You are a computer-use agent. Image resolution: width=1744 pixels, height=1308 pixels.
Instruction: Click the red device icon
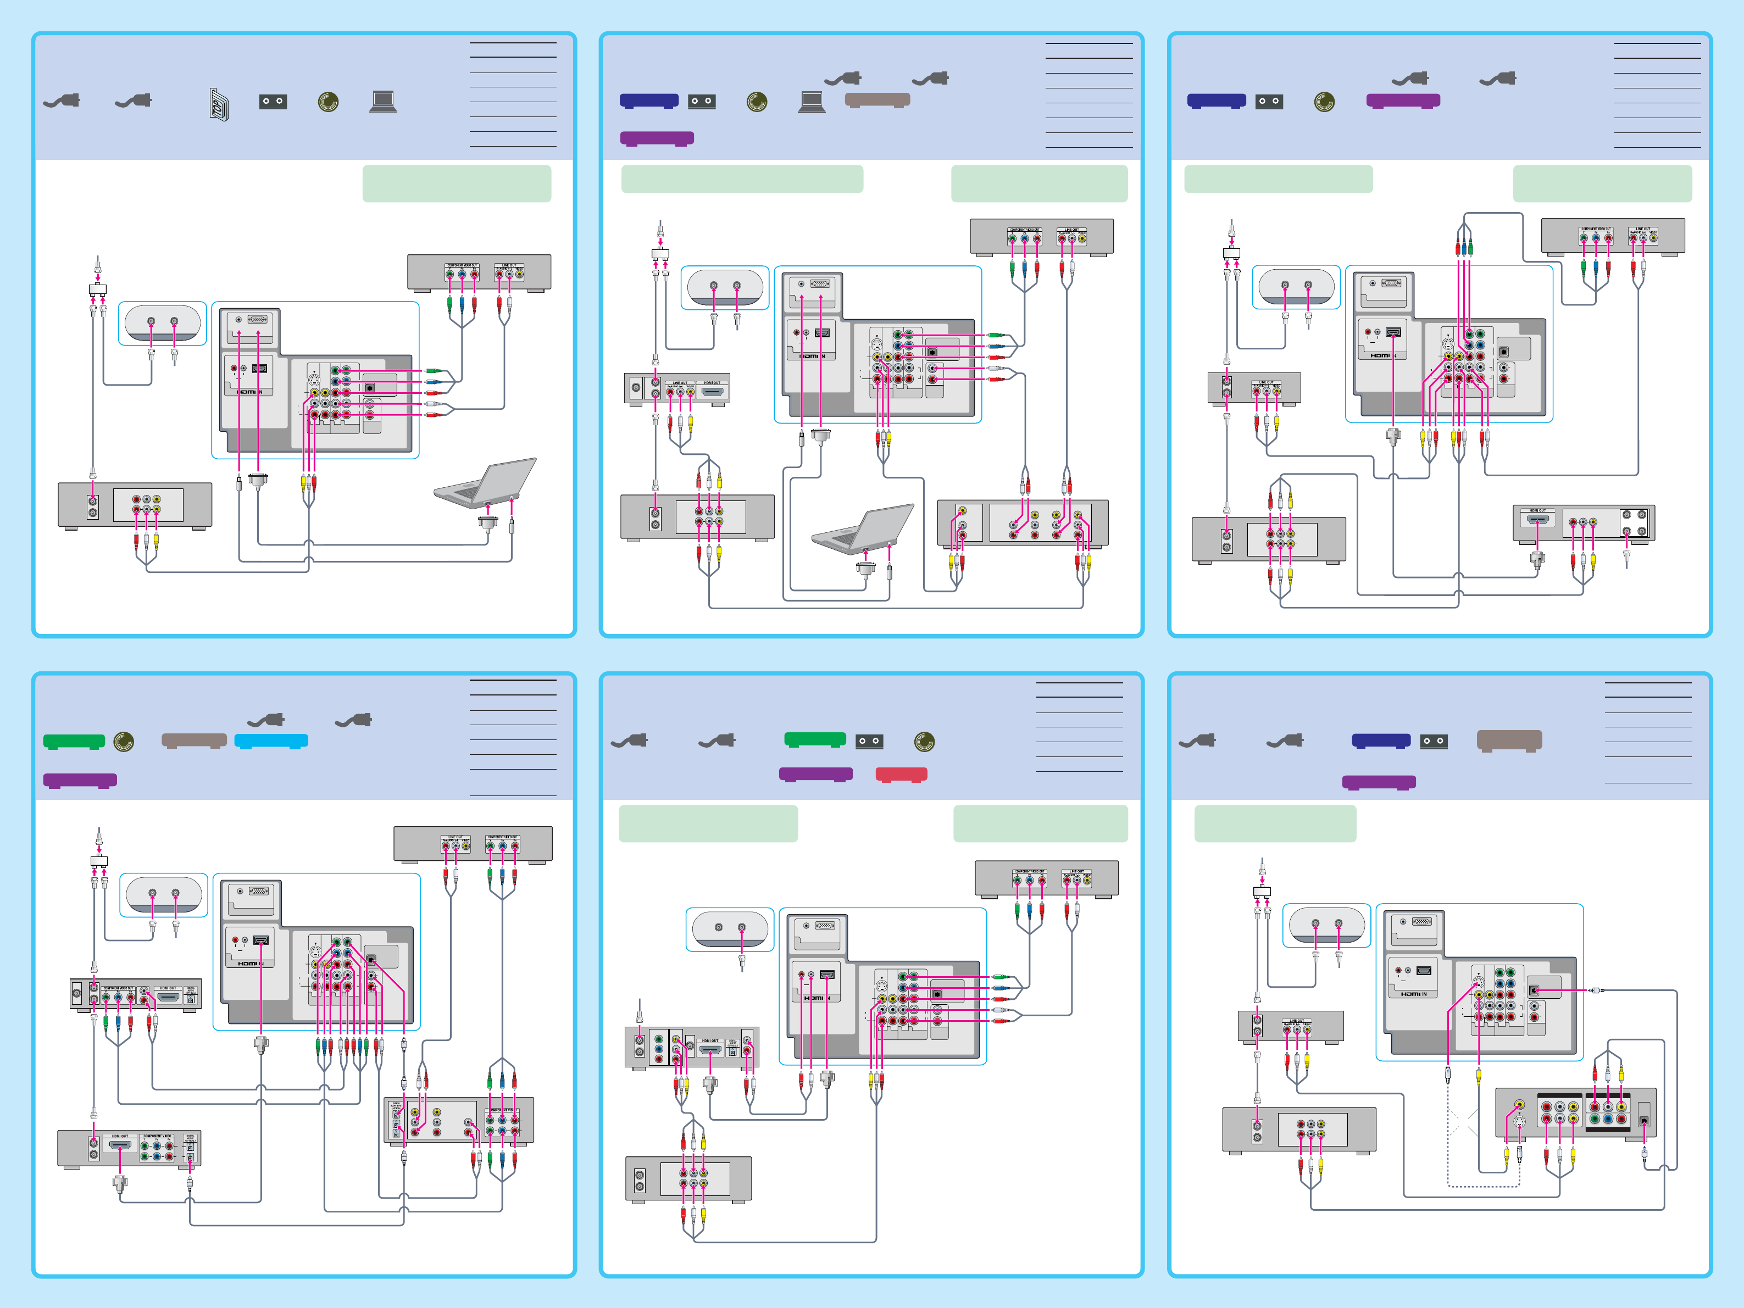[x=901, y=774]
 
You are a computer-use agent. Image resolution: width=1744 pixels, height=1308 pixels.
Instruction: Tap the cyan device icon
[x=271, y=741]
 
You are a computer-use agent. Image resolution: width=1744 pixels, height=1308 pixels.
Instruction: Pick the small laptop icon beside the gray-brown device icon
[x=812, y=102]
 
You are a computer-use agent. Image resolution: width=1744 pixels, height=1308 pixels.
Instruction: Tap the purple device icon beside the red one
[x=815, y=774]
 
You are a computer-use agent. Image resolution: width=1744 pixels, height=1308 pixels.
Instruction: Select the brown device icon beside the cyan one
[x=194, y=741]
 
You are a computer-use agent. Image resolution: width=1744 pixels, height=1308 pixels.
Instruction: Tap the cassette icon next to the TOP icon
[x=273, y=102]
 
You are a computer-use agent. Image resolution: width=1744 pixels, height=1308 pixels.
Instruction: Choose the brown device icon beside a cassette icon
[x=1509, y=741]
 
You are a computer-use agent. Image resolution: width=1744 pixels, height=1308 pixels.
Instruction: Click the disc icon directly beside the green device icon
[x=124, y=741]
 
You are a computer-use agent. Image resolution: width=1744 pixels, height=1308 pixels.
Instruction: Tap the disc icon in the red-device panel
[x=924, y=741]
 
